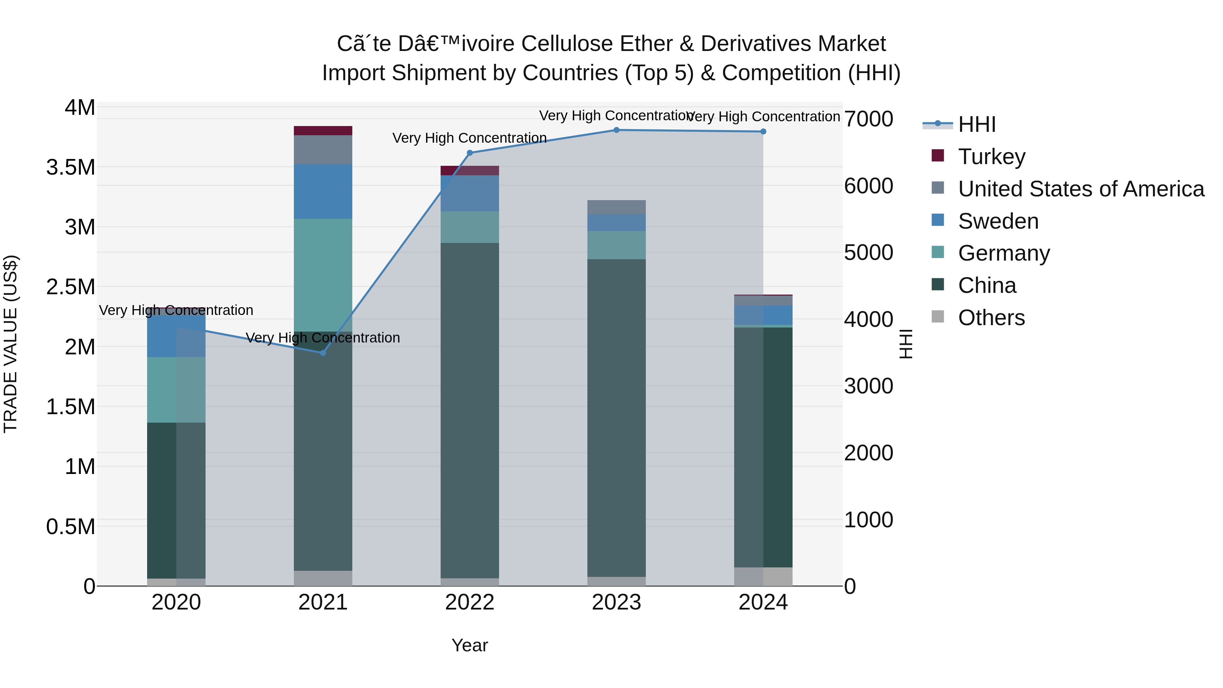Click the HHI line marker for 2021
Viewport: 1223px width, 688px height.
tap(323, 353)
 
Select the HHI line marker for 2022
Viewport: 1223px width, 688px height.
tap(469, 153)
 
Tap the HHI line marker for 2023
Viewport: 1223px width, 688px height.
tap(616, 130)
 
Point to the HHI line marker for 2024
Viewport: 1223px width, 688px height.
tap(763, 131)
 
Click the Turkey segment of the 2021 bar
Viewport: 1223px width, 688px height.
tap(323, 130)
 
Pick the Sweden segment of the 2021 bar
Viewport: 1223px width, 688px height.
tap(323, 191)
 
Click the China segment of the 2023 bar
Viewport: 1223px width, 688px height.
tap(616, 418)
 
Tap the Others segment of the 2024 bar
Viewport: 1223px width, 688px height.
tap(763, 577)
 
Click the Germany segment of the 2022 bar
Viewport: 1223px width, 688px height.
tap(469, 227)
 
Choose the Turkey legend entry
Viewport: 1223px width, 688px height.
tap(991, 157)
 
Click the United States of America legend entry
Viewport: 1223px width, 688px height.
tap(1081, 189)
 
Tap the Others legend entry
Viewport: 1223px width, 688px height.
tap(991, 318)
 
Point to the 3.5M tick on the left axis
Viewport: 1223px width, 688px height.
tap(70, 167)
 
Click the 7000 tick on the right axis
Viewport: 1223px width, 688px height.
tap(868, 119)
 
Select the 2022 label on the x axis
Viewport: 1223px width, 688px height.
tap(469, 602)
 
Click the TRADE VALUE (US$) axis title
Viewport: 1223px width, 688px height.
tap(11, 344)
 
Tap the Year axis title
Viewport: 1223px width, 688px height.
tap(469, 645)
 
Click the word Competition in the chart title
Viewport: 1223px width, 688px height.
tap(781, 73)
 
